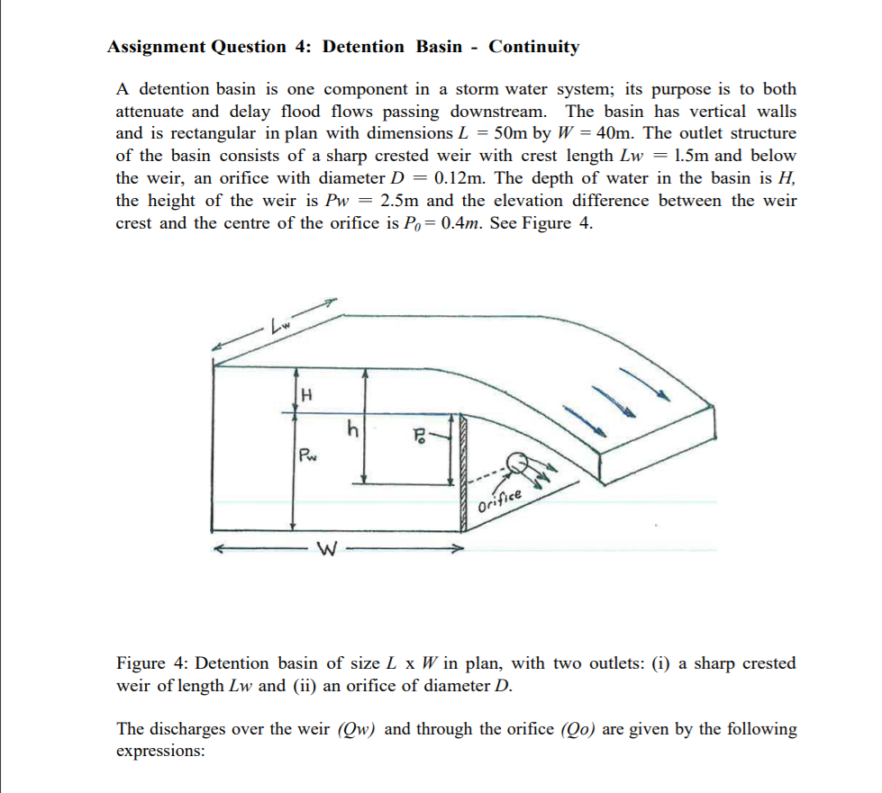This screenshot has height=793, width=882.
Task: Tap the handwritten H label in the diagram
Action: (306, 393)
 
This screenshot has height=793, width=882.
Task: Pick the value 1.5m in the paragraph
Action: (688, 155)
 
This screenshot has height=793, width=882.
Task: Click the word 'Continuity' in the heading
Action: (534, 47)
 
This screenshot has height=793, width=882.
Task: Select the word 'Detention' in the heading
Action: (364, 47)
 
